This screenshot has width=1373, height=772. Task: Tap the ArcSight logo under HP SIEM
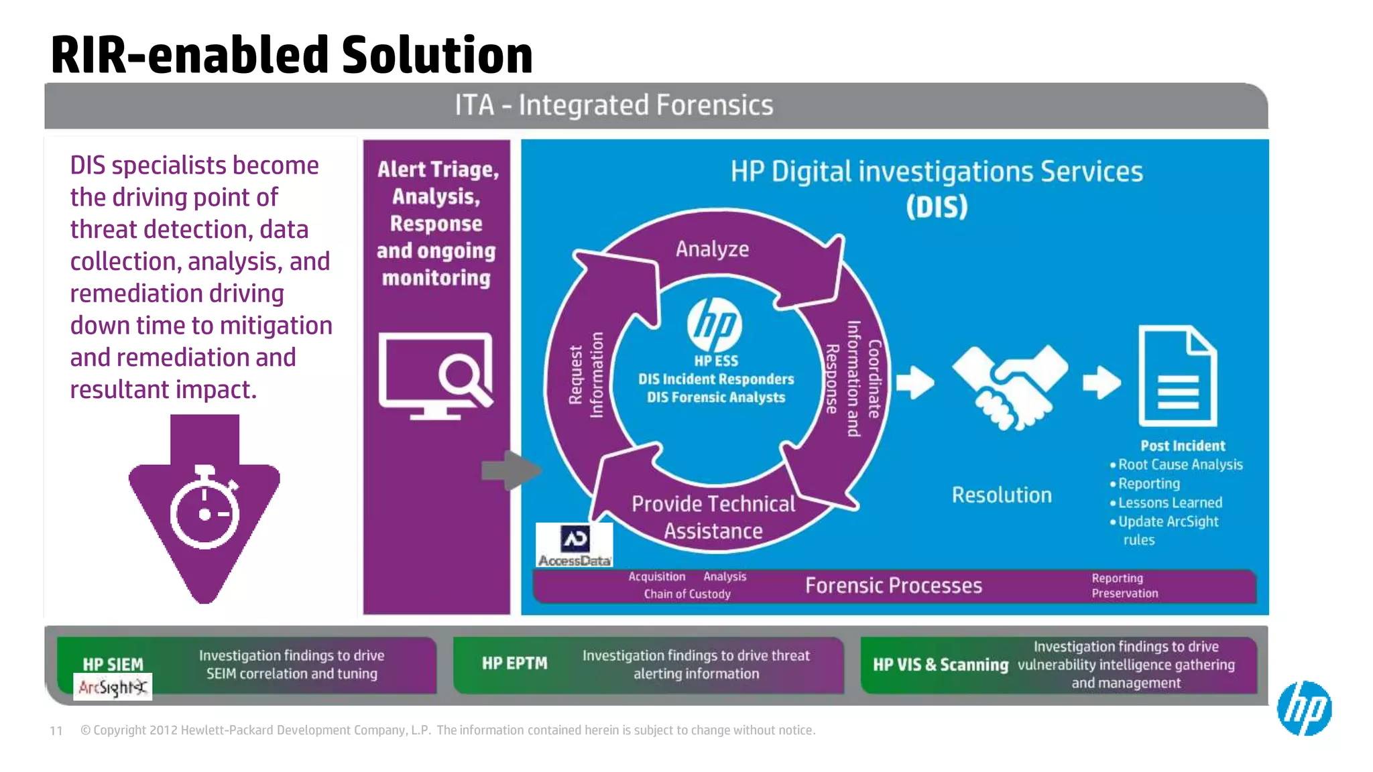coord(113,687)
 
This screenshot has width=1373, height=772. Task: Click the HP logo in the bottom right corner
coord(1304,708)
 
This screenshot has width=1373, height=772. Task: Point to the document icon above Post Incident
coord(1177,376)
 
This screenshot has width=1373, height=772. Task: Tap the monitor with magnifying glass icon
coord(436,375)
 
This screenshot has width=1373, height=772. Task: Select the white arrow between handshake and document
coord(1101,383)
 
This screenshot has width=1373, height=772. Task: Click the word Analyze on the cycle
coord(712,249)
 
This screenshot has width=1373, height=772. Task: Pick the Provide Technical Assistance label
coord(713,517)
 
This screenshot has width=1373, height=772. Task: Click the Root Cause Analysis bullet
coord(1180,464)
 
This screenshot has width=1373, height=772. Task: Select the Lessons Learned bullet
coord(1170,503)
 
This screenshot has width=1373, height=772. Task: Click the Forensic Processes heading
coord(893,586)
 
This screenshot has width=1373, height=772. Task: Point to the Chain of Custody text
coord(687,594)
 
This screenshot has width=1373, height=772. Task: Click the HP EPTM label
coord(514,663)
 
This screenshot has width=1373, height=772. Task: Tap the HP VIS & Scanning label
coord(940,665)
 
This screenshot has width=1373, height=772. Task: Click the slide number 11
coord(56,730)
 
